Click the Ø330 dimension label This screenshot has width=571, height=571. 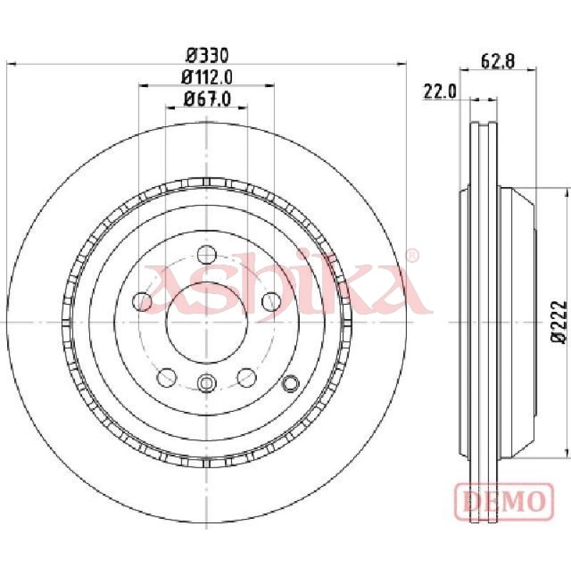tap(207, 56)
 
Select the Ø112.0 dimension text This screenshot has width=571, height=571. tap(206, 77)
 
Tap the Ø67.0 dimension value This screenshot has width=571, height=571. tap(207, 98)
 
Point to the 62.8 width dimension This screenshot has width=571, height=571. tap(497, 61)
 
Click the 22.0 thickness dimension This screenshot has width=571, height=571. tap(440, 91)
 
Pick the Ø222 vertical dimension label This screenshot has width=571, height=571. tap(560, 322)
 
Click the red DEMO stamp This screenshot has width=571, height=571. tap(505, 501)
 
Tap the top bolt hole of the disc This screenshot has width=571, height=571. tap(206, 255)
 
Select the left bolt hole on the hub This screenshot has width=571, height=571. tap(142, 301)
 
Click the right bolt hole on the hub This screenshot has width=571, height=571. tap(271, 301)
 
